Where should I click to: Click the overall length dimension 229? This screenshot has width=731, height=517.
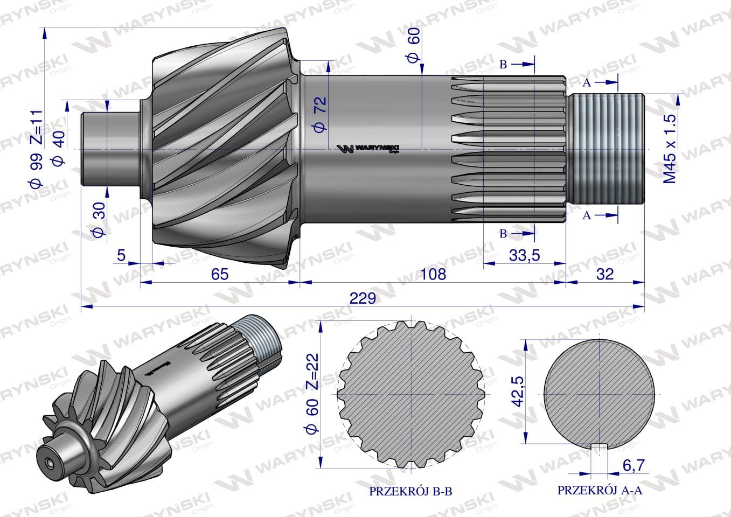(362, 298)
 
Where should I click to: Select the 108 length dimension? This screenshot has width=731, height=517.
(433, 274)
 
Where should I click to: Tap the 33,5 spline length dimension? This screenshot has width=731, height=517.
(525, 255)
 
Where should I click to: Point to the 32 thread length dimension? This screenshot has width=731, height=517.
(605, 274)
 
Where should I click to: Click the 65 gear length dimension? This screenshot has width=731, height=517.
(220, 274)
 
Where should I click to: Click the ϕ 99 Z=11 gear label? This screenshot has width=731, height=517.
(36, 149)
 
